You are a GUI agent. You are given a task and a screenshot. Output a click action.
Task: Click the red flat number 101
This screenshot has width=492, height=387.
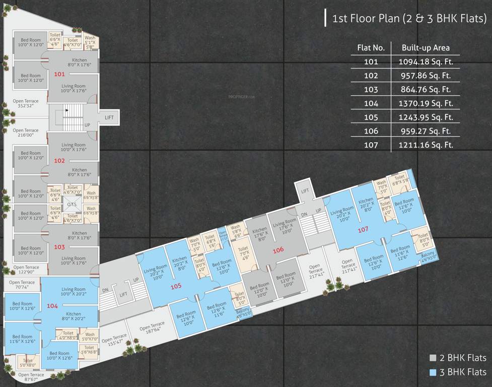pyautogui.click(x=59, y=74)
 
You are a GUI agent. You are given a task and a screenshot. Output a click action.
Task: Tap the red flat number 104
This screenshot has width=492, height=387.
pyautogui.click(x=52, y=306)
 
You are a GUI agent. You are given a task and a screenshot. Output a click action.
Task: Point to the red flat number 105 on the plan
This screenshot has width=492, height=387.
pyautogui.click(x=175, y=286)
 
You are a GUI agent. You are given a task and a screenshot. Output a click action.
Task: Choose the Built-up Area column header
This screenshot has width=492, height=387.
pyautogui.click(x=426, y=48)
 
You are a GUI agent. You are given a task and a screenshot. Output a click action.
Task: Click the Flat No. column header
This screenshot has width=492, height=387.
pyautogui.click(x=371, y=48)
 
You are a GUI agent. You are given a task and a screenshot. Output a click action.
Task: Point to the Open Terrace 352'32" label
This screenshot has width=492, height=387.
pyautogui.click(x=25, y=104)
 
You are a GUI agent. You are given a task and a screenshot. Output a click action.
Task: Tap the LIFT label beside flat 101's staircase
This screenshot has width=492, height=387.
pyautogui.click(x=109, y=117)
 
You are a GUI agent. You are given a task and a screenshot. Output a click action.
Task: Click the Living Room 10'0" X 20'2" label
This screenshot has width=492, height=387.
pyautogui.click(x=73, y=292)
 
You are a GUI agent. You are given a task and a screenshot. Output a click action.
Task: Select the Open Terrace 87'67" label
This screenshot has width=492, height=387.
pyautogui.click(x=31, y=377)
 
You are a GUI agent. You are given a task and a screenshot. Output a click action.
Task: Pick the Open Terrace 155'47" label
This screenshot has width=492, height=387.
pyautogui.click(x=114, y=340)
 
